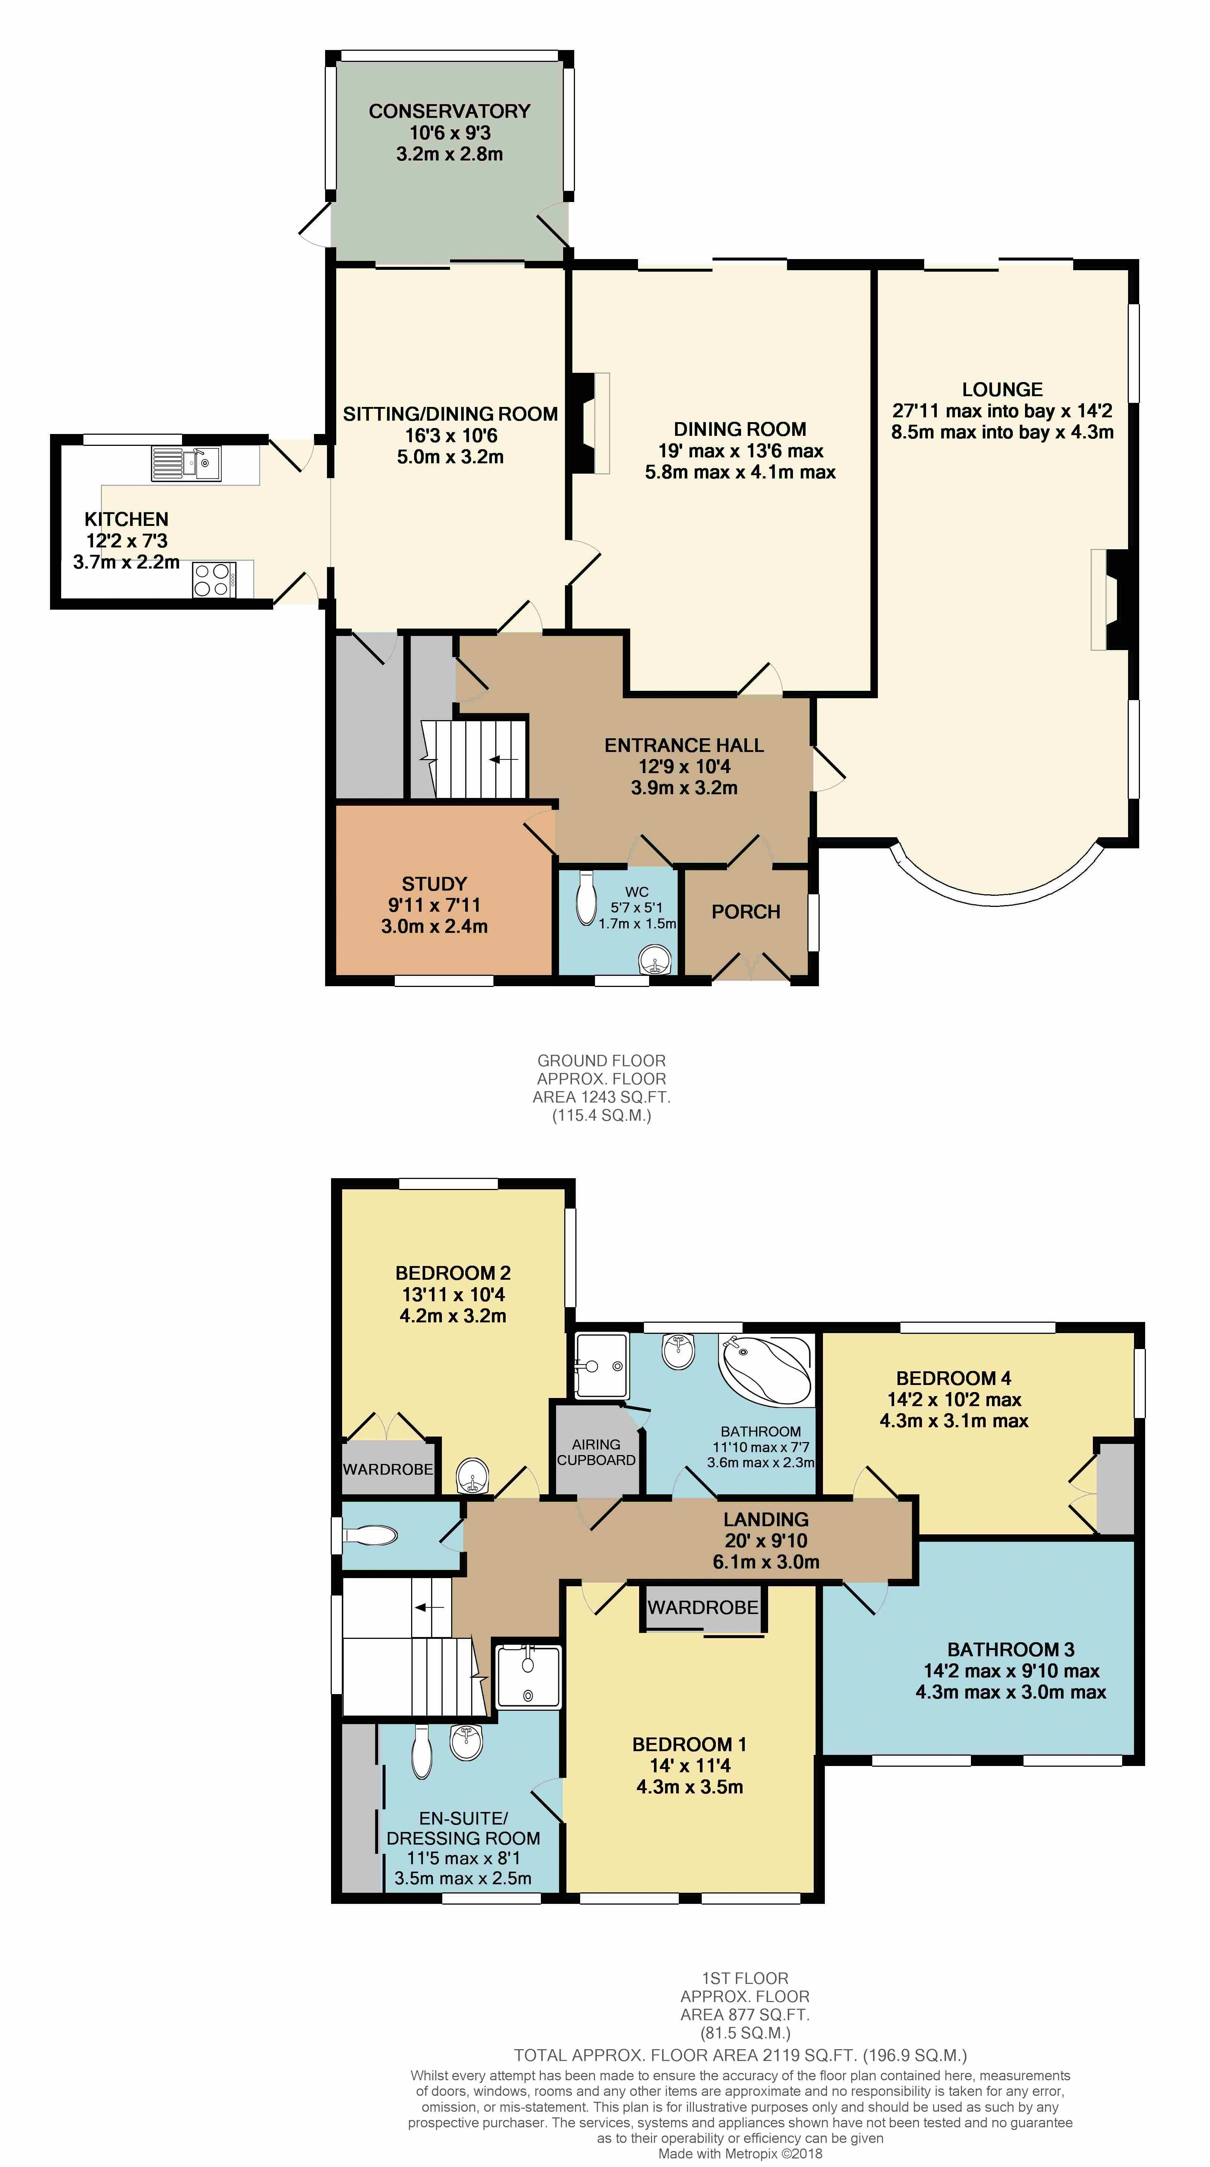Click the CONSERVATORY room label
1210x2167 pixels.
pos(449,111)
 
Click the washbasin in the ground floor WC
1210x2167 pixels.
pos(655,959)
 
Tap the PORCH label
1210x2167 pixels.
pos(745,912)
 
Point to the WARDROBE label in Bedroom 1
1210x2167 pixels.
pos(702,1608)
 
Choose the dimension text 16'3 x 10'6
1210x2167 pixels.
pos(450,436)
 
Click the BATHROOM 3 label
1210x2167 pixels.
pos(1011,1650)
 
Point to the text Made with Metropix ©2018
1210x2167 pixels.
pos(740,2154)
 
